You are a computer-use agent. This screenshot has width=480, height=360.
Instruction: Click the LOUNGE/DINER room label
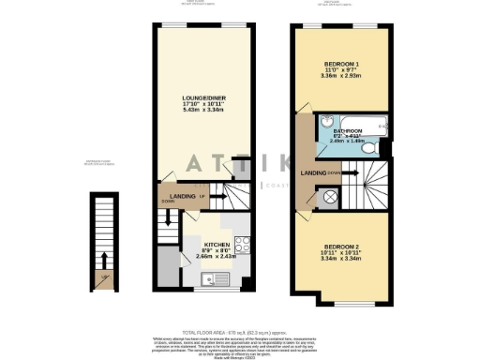click(201, 96)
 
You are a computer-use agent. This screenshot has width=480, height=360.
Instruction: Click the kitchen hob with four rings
click(241, 245)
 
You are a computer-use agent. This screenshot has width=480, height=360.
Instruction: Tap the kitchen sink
click(214, 277)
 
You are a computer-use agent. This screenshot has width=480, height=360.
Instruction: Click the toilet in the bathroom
click(369, 147)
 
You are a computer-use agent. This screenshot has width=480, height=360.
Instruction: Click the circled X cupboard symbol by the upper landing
click(329, 195)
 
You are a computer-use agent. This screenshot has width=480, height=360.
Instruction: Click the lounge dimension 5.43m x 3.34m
click(201, 110)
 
